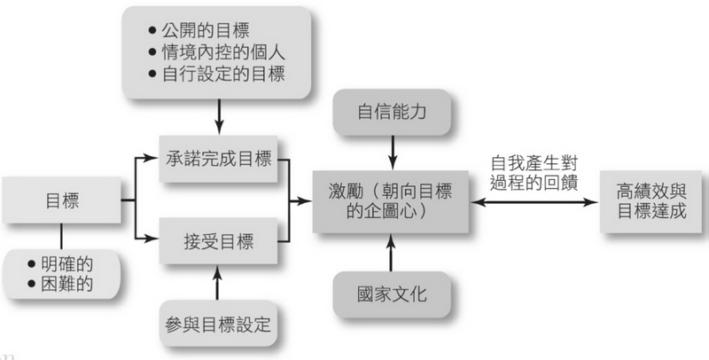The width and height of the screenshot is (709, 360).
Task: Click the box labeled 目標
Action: (x=62, y=201)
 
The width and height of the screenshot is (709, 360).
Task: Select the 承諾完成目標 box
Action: (x=218, y=160)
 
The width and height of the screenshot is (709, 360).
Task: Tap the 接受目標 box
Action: (x=218, y=240)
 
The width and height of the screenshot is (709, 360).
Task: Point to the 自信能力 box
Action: (x=391, y=113)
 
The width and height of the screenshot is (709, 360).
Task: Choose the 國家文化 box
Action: (x=391, y=293)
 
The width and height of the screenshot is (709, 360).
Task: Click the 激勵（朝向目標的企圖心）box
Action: (x=391, y=201)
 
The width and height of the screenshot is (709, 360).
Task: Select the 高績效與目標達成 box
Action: (x=653, y=201)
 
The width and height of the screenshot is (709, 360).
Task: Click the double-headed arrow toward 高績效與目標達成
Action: (x=533, y=202)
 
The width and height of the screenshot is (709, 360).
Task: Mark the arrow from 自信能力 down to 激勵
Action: (x=391, y=153)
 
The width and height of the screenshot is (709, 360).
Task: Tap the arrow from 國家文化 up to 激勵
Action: (x=391, y=252)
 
